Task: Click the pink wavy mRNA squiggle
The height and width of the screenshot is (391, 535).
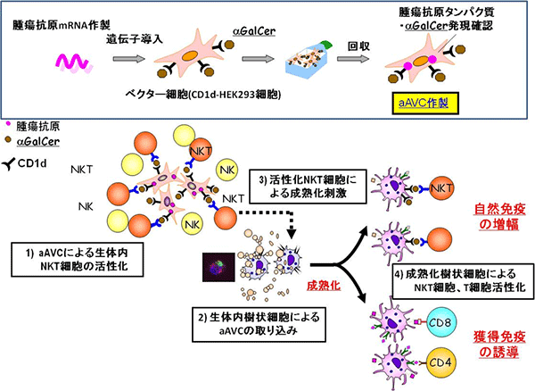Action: click(71, 62)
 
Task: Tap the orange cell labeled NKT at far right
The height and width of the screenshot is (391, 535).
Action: click(439, 189)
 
